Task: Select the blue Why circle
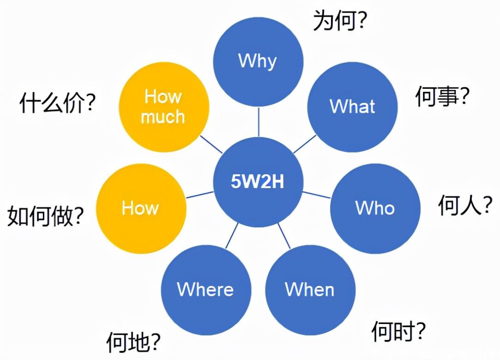tap(258, 61)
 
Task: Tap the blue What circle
tap(352, 106)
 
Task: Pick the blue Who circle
tap(375, 208)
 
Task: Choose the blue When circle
tap(310, 290)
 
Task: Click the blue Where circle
tap(205, 290)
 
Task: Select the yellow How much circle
tap(163, 107)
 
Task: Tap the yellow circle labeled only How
tap(140, 208)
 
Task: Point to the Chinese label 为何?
tap(340, 21)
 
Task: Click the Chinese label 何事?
tap(442, 97)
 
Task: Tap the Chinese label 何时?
tap(398, 331)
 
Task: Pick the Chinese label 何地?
tap(133, 342)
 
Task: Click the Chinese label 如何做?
tap(45, 216)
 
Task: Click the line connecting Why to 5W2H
tap(258, 122)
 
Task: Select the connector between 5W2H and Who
tap(317, 194)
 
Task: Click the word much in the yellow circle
tap(163, 116)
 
